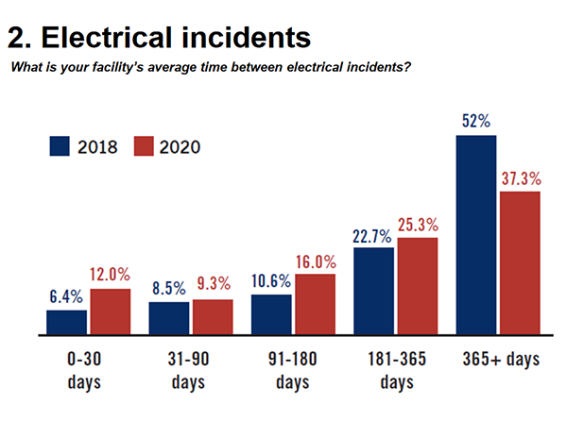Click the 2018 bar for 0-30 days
pos(66,323)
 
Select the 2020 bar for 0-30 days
pos(110,312)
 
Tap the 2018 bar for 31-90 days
pos(168,319)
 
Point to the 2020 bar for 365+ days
pos(519,263)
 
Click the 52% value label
pos(475,123)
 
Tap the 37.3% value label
pos(520,178)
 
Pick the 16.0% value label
pos(315,261)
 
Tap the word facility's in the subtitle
pos(114,67)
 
